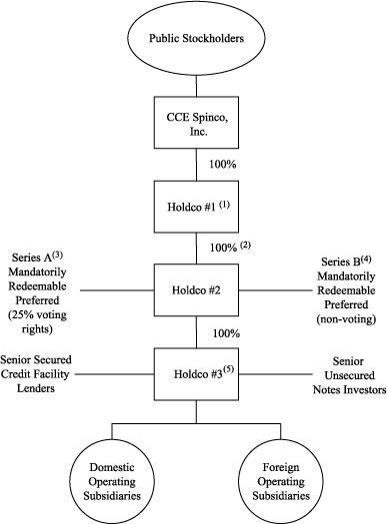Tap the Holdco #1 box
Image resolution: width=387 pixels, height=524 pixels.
click(x=193, y=207)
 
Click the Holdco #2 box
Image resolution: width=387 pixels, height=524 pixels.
click(x=193, y=290)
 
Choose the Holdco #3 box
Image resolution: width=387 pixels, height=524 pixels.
click(x=193, y=375)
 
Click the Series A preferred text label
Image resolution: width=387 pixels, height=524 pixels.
click(x=39, y=282)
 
